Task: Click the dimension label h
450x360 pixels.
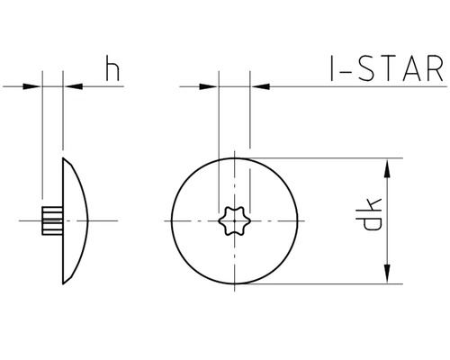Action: (x=112, y=70)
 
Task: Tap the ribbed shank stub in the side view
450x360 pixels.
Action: (x=50, y=220)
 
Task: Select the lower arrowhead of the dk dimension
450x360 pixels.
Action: (x=388, y=274)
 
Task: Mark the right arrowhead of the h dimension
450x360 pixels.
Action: (x=71, y=87)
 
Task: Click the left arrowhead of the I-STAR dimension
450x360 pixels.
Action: (x=211, y=87)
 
